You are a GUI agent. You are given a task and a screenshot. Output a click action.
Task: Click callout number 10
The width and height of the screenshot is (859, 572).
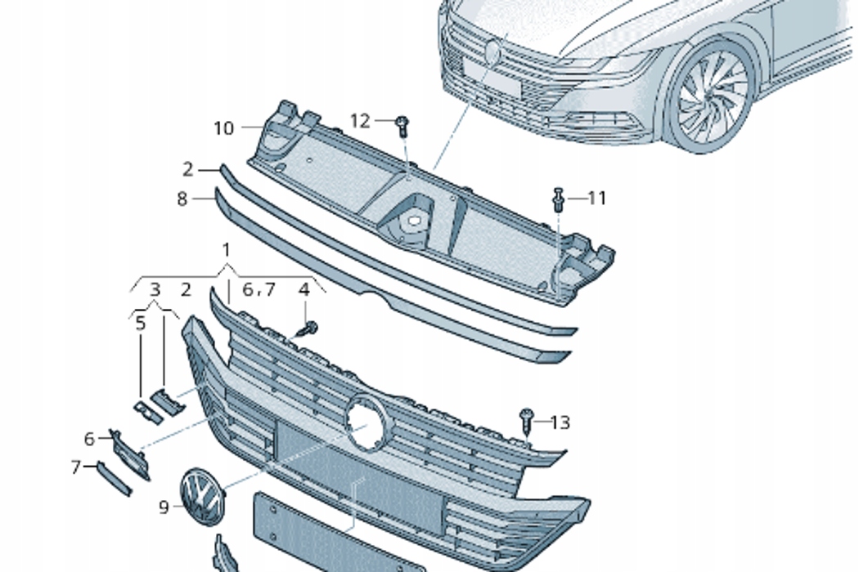[x=223, y=128]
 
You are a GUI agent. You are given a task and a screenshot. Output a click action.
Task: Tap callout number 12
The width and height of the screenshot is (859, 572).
[x=360, y=121]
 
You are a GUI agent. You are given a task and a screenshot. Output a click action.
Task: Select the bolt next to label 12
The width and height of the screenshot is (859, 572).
[x=403, y=125]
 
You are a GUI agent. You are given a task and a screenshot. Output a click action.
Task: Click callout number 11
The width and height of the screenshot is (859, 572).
[x=597, y=198]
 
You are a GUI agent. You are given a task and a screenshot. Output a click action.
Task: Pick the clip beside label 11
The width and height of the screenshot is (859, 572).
[x=558, y=199]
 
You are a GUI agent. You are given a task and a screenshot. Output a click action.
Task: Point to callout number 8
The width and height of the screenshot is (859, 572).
[x=182, y=199]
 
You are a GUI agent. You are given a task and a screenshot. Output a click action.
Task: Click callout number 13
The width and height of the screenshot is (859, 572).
[x=560, y=422]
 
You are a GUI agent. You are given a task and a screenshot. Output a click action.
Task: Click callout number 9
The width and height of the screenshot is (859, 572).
[x=164, y=507]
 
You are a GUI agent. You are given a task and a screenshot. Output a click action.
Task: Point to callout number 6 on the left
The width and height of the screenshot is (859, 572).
[x=89, y=439]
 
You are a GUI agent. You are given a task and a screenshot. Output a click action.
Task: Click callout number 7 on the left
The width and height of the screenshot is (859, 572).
[x=76, y=467]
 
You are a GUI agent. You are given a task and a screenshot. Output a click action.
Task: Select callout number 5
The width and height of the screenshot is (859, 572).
[x=141, y=324]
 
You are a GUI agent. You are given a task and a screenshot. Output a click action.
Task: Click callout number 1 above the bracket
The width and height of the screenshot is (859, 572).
[x=226, y=250]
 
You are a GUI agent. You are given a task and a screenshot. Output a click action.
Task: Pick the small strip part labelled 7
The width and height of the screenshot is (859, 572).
[x=115, y=478]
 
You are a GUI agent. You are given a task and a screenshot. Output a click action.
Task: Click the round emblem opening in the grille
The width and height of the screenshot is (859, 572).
[x=366, y=421]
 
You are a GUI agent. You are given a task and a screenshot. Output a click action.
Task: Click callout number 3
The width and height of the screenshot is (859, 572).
[x=155, y=289]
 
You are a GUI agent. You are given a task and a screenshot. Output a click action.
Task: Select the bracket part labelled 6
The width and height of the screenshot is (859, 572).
[x=130, y=454]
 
